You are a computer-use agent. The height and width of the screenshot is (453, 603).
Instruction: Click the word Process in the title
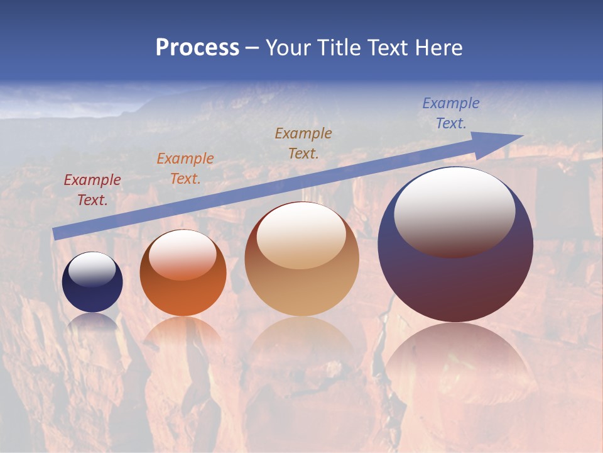tap(197, 48)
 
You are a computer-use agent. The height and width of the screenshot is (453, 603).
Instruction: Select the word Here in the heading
tap(439, 48)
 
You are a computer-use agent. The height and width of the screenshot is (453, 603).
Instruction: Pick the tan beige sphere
tap(301, 289)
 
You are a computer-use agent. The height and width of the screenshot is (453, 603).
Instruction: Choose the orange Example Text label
tap(185, 169)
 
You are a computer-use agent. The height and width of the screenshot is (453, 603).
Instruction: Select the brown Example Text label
tap(303, 143)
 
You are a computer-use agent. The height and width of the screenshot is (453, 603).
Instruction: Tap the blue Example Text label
tap(451, 113)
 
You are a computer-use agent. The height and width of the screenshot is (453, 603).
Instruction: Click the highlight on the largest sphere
tap(455, 212)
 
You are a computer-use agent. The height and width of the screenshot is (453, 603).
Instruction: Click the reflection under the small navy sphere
tap(92, 322)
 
